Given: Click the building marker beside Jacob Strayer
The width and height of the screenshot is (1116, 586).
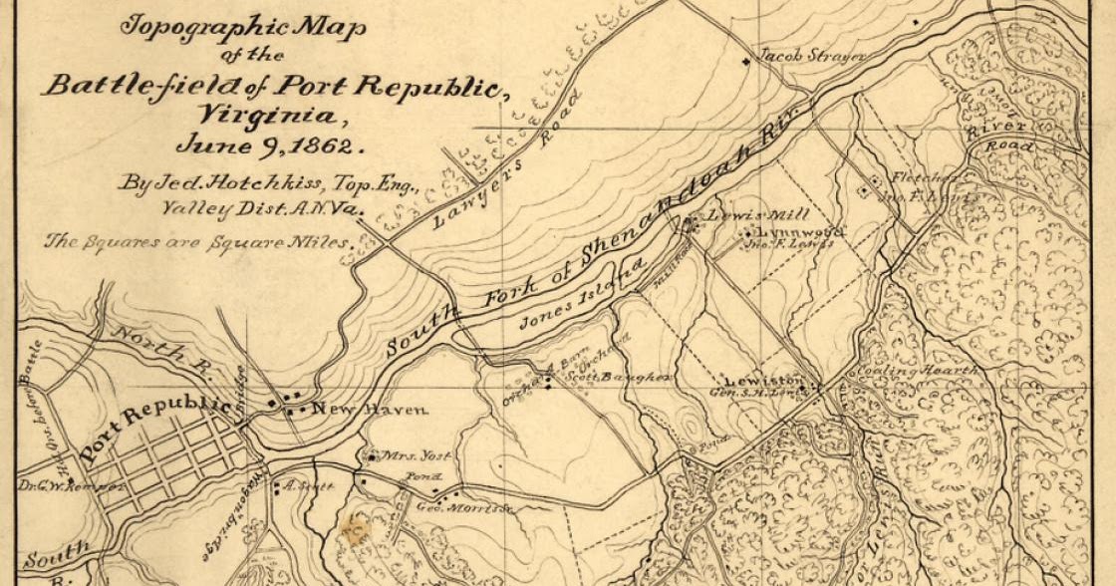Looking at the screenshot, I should tap(745, 64).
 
